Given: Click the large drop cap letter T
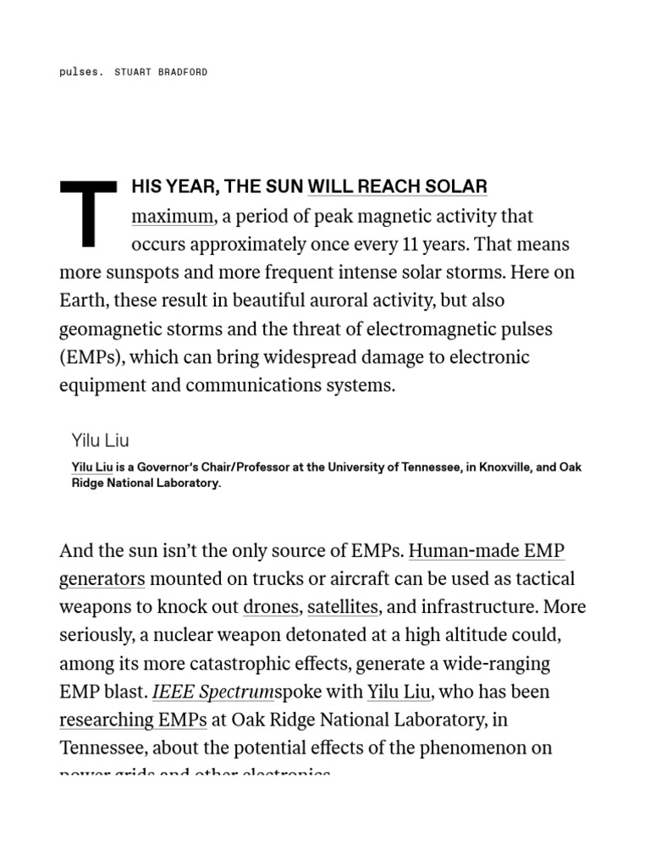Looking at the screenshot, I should (87, 214).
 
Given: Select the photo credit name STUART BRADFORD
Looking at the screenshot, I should (161, 72).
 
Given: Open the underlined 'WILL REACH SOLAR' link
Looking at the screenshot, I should (397, 187).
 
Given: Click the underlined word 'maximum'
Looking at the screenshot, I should (172, 216).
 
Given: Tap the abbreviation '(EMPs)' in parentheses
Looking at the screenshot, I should (90, 356).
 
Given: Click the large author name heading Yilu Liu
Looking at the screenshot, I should (101, 440).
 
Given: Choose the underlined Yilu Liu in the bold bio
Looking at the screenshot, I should (92, 467).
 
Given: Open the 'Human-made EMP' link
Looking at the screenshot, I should (486, 551).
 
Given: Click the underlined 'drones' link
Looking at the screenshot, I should (271, 607).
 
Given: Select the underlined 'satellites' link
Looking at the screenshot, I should (343, 607).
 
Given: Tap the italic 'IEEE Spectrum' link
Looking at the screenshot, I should (212, 692).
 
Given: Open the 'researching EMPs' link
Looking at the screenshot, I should (133, 720).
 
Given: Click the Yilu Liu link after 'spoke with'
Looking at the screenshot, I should (399, 692).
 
